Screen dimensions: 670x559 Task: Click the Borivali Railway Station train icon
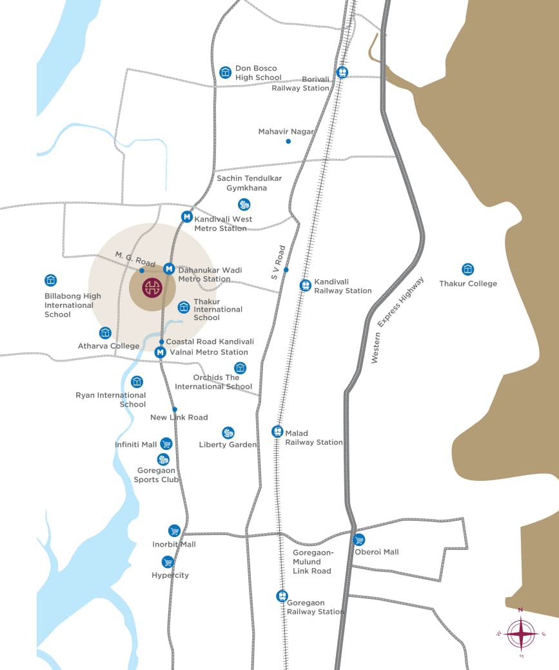point(342,72)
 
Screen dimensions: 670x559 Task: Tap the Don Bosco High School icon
point(225,72)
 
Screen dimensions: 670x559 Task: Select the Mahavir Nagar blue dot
point(288,141)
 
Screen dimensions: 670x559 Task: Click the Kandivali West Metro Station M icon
point(186,217)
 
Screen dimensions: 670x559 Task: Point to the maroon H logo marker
point(152,288)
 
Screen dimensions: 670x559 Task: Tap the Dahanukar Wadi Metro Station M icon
point(168,269)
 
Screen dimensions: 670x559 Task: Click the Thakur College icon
point(468,269)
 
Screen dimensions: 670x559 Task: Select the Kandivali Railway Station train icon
point(305,285)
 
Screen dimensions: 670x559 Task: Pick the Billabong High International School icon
point(50,280)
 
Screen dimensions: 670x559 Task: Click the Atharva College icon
point(105,332)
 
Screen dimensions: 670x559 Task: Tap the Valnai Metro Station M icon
point(161,352)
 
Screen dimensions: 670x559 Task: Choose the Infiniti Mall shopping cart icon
point(166,443)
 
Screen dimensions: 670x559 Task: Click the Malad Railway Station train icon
point(277,431)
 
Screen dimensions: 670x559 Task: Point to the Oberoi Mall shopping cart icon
point(359,540)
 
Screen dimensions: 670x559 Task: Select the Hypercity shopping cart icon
point(168,562)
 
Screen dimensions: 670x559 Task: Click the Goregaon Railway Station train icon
point(282,596)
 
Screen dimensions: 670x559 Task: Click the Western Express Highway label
point(398,321)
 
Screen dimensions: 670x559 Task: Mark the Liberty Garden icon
point(228,432)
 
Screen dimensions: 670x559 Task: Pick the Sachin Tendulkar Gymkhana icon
point(244,205)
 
